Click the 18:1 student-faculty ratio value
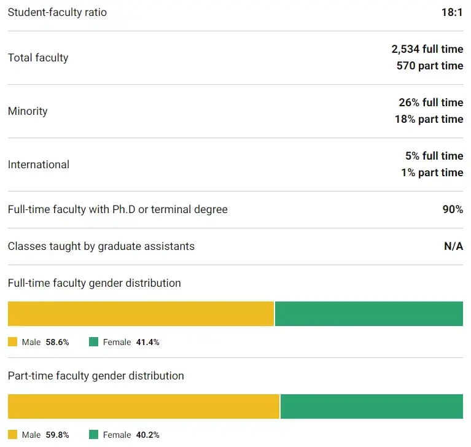pyautogui.click(x=452, y=12)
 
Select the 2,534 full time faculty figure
pyautogui.click(x=427, y=49)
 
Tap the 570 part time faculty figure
pyautogui.click(x=430, y=66)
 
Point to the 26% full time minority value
pyautogui.click(x=430, y=103)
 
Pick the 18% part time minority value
pyautogui.click(x=429, y=119)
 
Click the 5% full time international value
pyautogui.click(x=434, y=156)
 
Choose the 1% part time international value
pyautogui.click(x=432, y=173)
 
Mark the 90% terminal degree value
pyautogui.click(x=453, y=209)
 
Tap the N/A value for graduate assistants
pyautogui.click(x=453, y=246)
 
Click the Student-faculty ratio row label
pyautogui.click(x=57, y=12)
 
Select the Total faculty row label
pyautogui.click(x=38, y=58)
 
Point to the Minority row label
pyautogui.click(x=28, y=111)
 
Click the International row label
pyautogui.click(x=38, y=165)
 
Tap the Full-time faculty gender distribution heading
pyautogui.click(x=94, y=283)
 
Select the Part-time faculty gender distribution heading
pyautogui.click(x=96, y=376)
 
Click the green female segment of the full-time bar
pyautogui.click(x=368, y=314)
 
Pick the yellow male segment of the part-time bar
pyautogui.click(x=143, y=406)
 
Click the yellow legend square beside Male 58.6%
pyautogui.click(x=13, y=342)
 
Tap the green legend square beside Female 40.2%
pyautogui.click(x=93, y=435)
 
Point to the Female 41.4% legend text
pyautogui.click(x=131, y=342)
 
